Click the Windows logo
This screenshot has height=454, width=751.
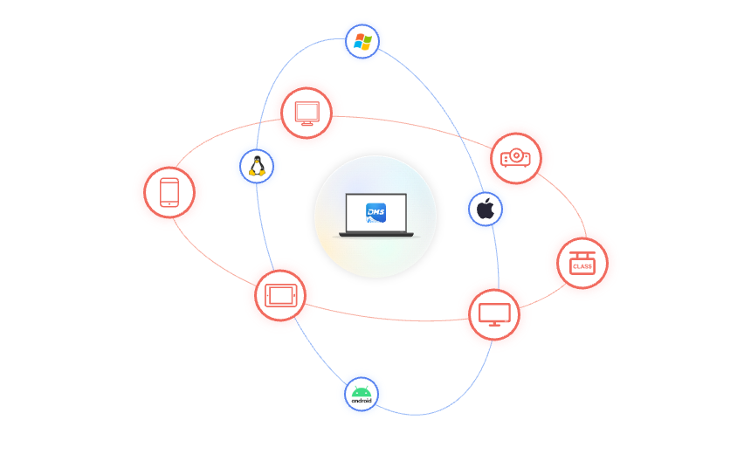362,41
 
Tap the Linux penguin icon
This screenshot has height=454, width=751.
257,166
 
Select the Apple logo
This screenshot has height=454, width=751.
486,210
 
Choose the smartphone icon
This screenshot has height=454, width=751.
169,192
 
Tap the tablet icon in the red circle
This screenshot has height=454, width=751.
280,295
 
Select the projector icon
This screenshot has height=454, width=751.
515,158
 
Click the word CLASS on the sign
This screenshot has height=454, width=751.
582,265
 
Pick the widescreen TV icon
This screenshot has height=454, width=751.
494,314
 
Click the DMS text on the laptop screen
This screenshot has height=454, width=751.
376,212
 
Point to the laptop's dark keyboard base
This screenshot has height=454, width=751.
375,234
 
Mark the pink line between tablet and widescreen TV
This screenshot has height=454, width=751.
384,318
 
